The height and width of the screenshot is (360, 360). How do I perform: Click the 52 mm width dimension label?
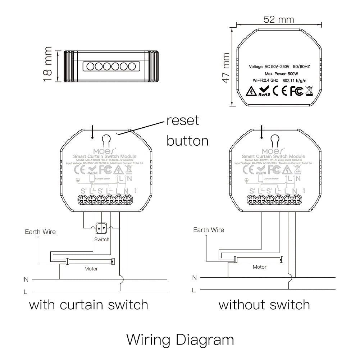(x=278, y=19)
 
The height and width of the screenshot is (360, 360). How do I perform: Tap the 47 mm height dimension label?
(x=225, y=68)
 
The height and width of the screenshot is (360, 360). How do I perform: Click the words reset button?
(x=187, y=130)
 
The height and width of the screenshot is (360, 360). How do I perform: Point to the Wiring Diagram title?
(x=180, y=339)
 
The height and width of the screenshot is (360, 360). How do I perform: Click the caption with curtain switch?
(x=88, y=305)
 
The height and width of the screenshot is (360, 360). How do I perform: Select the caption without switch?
(x=264, y=305)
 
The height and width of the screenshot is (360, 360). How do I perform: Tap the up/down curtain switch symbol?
(x=101, y=228)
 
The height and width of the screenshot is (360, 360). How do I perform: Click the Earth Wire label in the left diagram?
(x=40, y=232)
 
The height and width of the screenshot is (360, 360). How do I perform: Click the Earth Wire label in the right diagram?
(x=209, y=230)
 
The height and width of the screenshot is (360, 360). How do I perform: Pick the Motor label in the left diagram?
(x=91, y=269)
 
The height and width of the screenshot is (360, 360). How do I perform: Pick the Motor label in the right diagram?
(x=259, y=267)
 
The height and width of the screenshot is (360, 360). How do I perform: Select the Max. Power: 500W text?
(x=279, y=73)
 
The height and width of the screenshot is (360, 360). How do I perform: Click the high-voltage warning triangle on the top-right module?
(x=251, y=91)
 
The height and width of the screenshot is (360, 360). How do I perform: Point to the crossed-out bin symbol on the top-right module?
(x=309, y=91)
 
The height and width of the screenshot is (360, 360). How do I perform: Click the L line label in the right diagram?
(x=194, y=290)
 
